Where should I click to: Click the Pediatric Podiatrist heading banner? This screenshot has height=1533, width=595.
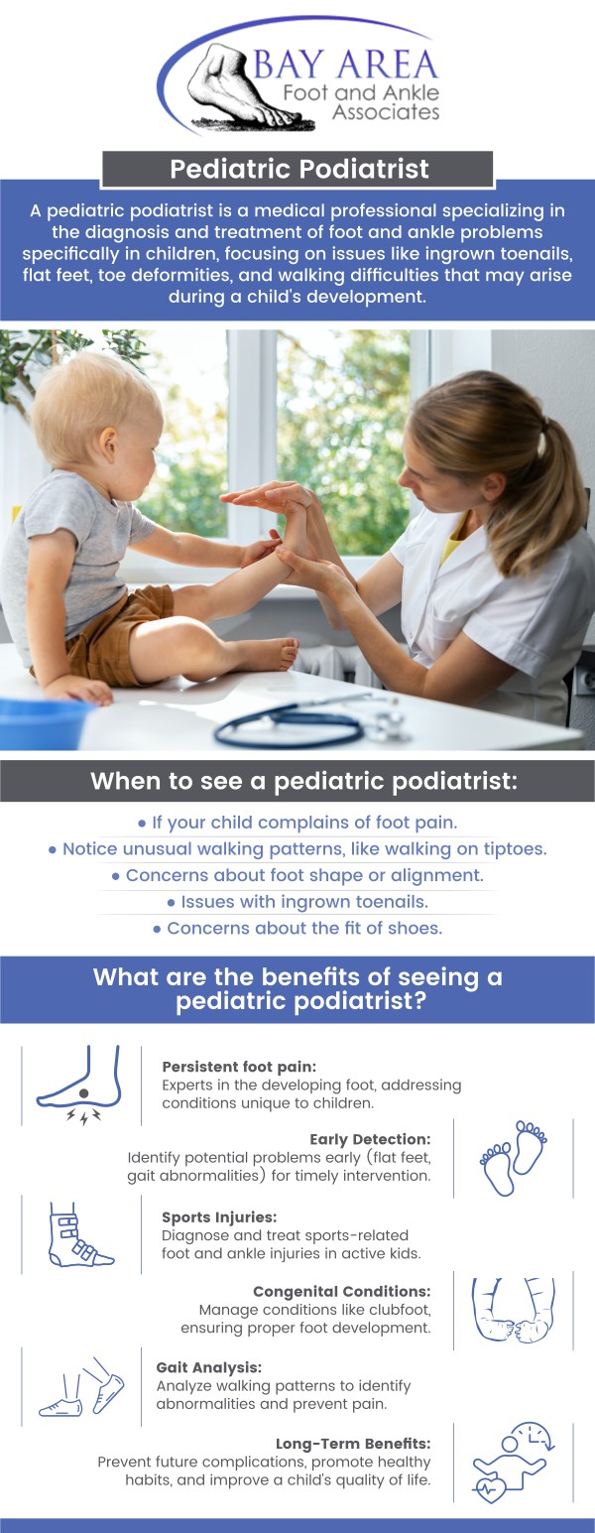[x=297, y=169]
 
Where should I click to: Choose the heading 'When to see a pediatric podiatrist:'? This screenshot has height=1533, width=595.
[x=297, y=781]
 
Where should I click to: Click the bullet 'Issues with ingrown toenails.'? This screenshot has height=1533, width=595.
[x=297, y=902]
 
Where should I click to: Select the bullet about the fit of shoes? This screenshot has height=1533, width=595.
[x=297, y=929]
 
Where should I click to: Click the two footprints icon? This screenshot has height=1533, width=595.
[x=514, y=1158]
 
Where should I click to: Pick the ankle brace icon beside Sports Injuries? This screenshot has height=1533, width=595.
[x=79, y=1235]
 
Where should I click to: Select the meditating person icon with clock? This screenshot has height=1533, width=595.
[x=513, y=1463]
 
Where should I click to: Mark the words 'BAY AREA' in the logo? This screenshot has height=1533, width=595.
[x=345, y=65]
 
